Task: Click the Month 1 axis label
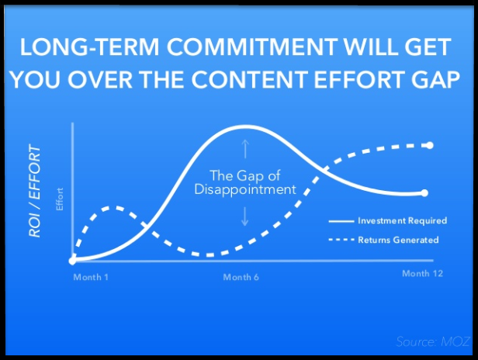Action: pos(91,277)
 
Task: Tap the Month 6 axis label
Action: pos(241,277)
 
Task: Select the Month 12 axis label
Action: pos(422,273)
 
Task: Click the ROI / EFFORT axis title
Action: pos(35,192)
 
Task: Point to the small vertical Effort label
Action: pos(60,199)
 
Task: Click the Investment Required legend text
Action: pos(403,220)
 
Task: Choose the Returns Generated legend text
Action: pos(398,240)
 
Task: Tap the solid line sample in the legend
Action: pos(341,221)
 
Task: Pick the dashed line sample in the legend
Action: pos(341,240)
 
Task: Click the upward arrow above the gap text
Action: pos(245,149)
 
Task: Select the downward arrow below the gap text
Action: pos(244,216)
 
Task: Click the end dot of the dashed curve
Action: pos(430,145)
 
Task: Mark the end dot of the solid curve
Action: pos(424,193)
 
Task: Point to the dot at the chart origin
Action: pos(73,261)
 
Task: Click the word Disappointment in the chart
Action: pos(245,189)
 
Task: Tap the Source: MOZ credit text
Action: pos(433,341)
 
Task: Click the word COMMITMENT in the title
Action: pos(252,47)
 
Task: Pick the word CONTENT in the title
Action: pos(250,79)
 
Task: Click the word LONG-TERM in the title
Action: pos(90,47)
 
